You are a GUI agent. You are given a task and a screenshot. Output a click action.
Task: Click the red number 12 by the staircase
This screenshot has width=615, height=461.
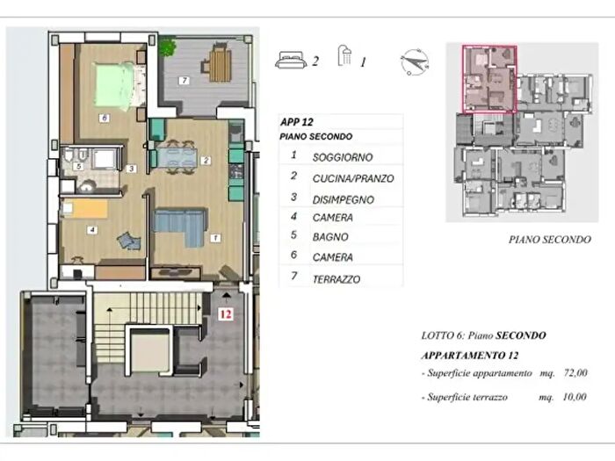tap(226, 314)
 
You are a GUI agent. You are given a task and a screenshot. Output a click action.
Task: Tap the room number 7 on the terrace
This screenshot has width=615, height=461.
tap(184, 81)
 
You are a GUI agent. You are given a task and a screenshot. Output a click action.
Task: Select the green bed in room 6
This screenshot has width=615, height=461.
tap(115, 85)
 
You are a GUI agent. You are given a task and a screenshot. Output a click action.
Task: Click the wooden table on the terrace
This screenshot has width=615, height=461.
tap(220, 65)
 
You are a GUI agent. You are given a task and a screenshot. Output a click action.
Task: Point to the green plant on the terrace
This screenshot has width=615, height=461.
tap(168, 47)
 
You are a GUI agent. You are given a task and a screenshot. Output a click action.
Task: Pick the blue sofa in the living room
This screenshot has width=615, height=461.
tap(180, 227)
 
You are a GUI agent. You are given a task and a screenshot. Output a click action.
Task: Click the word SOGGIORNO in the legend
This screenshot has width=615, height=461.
tap(343, 157)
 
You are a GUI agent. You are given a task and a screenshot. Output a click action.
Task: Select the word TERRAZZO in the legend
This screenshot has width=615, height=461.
tap(336, 279)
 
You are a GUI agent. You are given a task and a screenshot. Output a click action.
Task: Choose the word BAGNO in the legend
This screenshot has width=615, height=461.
tap(330, 237)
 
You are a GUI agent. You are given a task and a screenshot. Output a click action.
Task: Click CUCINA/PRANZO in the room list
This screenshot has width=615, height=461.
tap(353, 179)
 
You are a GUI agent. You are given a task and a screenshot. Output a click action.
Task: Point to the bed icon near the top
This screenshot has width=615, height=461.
tap(291, 60)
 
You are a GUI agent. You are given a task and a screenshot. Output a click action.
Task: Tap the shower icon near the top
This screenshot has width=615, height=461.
tap(344, 55)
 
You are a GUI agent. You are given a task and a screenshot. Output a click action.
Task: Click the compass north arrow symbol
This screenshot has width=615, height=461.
tap(415, 62)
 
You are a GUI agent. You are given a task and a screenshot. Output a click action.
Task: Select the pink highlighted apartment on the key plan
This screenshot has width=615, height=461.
tap(489, 79)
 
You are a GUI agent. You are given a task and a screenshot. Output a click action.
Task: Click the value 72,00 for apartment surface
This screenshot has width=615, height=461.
tap(575, 372)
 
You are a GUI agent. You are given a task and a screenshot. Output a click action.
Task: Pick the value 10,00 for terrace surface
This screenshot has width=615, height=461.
tap(575, 397)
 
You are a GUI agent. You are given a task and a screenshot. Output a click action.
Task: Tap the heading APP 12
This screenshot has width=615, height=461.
tap(297, 122)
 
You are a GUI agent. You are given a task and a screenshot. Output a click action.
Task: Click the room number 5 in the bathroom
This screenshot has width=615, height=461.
tap(79, 167)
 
